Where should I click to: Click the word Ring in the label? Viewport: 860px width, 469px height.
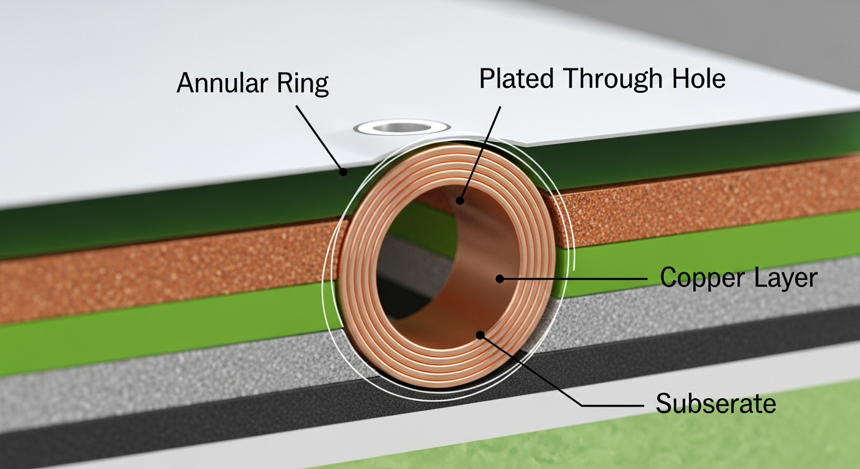pos(305,83)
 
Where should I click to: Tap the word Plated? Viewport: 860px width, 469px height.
pos(516,79)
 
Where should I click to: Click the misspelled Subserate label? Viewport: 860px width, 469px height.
pos(715,404)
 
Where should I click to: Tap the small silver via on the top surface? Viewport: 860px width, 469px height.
pos(402,128)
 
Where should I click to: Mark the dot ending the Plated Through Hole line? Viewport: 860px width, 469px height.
pos(460,200)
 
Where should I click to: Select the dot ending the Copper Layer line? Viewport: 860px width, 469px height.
pos(500,279)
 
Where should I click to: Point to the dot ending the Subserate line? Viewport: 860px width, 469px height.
pos(481,335)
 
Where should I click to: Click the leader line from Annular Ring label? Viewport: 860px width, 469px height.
pos(319,138)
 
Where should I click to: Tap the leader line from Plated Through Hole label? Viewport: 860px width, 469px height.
pos(481,153)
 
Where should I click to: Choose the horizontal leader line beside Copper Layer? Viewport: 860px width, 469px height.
pos(574,279)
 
